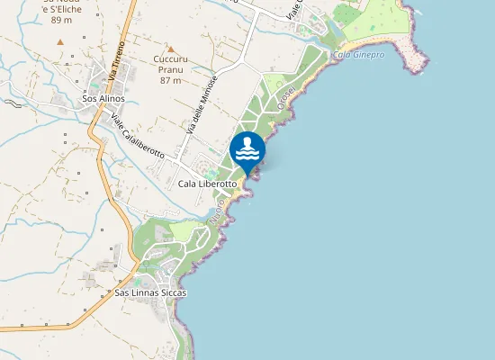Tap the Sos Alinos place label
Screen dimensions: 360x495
point(103,98)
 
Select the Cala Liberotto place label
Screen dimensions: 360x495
point(207,184)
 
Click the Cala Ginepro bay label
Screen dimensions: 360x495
point(358,55)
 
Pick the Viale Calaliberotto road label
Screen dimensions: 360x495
point(138,136)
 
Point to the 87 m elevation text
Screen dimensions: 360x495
point(170,80)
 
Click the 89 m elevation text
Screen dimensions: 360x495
point(61,19)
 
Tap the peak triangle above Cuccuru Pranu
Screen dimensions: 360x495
point(170,49)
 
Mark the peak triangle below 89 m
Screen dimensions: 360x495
point(60,41)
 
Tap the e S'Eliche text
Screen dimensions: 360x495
point(62,8)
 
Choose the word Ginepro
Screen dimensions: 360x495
point(368,55)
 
